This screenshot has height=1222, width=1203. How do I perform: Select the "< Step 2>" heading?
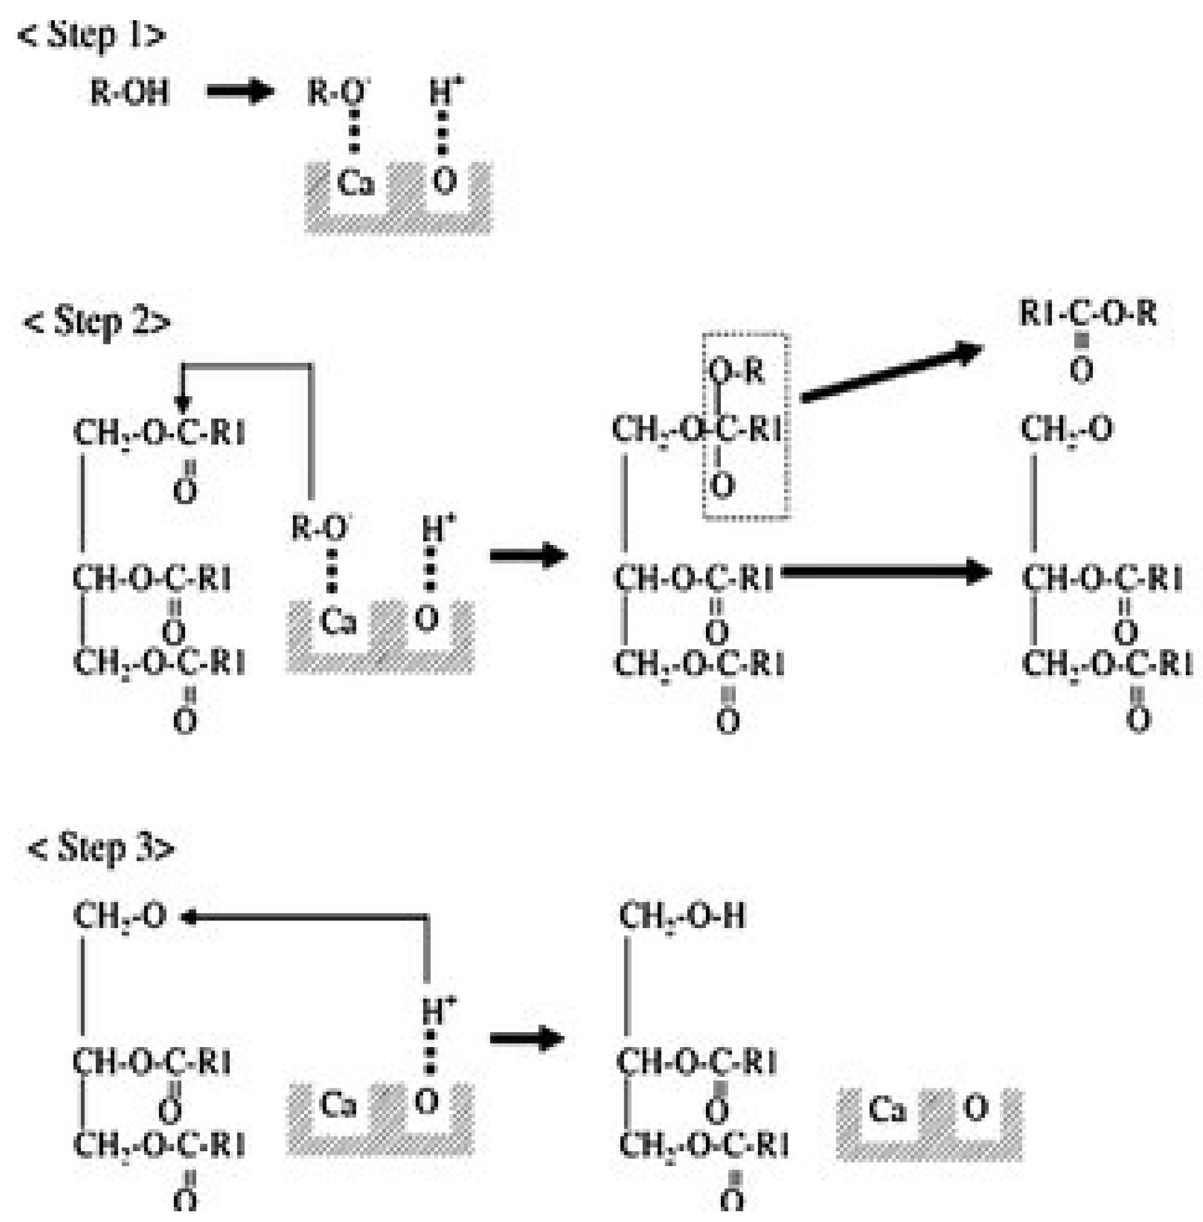[96, 322]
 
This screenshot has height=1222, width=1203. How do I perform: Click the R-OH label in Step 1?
[130, 93]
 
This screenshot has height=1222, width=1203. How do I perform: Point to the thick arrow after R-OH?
[239, 92]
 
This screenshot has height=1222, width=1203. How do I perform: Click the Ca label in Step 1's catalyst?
[355, 183]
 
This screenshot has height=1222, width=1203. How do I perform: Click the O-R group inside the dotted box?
[736, 371]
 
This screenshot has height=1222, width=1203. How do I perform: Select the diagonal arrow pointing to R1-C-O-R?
[891, 373]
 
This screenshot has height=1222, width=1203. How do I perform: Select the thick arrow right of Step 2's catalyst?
[529, 556]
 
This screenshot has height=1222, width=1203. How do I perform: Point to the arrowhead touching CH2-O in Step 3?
[189, 917]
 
